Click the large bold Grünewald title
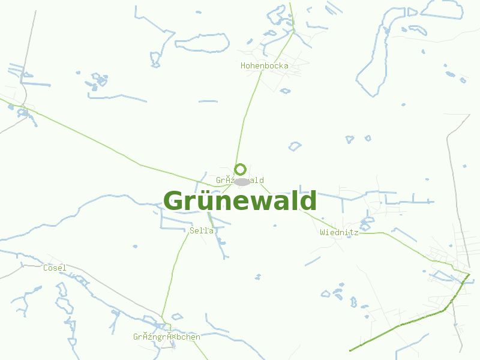(x=240, y=201)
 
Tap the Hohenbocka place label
(x=264, y=65)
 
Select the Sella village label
(x=202, y=230)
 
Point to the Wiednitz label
(x=339, y=232)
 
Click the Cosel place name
(x=55, y=268)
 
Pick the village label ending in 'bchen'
(x=167, y=337)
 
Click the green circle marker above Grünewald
(x=241, y=169)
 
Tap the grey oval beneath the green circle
(x=242, y=182)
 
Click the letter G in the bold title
(x=173, y=201)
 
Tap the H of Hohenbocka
(x=243, y=65)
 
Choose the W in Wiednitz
(x=322, y=232)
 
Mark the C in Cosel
(x=46, y=268)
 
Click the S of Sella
(x=192, y=230)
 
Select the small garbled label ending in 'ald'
(x=239, y=180)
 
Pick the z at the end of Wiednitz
(x=356, y=232)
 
